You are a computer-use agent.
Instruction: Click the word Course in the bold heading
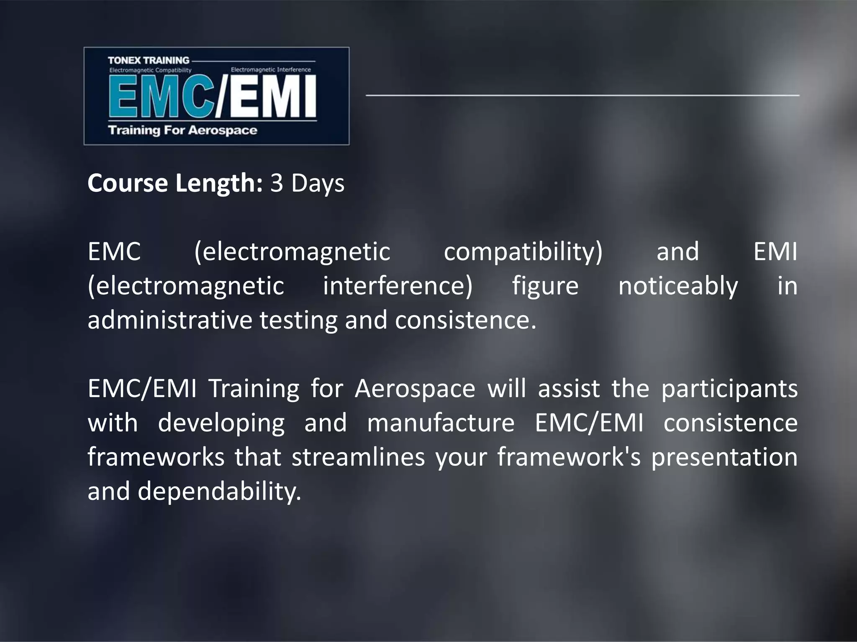tap(128, 183)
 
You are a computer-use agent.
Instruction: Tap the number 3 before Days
tap(277, 183)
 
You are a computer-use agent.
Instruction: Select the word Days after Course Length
tap(318, 183)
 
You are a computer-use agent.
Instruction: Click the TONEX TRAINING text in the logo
tap(149, 60)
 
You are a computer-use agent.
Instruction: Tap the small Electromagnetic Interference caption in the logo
tap(271, 70)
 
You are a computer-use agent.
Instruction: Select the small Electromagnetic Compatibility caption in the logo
tap(150, 70)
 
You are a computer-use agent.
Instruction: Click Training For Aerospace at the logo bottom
tap(182, 130)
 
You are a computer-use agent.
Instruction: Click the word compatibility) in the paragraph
tap(523, 252)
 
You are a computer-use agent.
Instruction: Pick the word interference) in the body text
tap(398, 286)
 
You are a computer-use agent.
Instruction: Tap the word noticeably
tap(678, 286)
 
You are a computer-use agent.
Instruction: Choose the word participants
tap(729, 389)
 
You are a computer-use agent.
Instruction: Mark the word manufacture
tap(441, 423)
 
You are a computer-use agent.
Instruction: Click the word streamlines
tap(358, 457)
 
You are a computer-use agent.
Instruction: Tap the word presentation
tap(724, 457)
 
